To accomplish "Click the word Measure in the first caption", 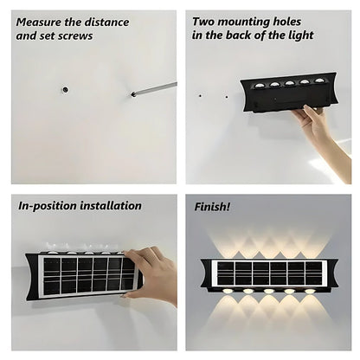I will [40, 22].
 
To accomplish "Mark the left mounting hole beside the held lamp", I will [200, 94].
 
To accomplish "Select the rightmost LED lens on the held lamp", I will [319, 80].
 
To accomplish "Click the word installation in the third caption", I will [112, 206].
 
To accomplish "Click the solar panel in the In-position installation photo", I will [87, 274].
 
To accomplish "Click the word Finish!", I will [210, 207].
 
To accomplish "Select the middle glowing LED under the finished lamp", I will [269, 292].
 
